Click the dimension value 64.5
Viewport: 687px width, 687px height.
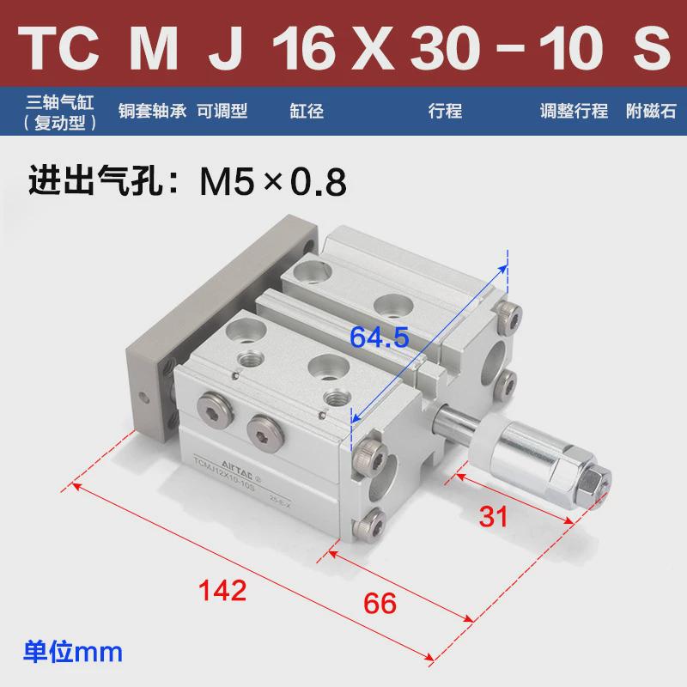point(379,337)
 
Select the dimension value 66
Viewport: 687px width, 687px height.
point(380,601)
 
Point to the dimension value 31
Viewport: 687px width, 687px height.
point(493,516)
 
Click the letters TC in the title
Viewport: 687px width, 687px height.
point(61,50)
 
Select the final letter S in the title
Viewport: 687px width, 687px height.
point(650,50)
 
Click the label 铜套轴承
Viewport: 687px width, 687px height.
point(151,111)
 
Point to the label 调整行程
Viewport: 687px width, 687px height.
point(574,111)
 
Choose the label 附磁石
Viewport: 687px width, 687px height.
point(651,111)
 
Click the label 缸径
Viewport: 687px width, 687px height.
point(307,111)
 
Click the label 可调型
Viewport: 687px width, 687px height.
point(222,111)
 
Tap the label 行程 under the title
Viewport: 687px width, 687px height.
point(445,111)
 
